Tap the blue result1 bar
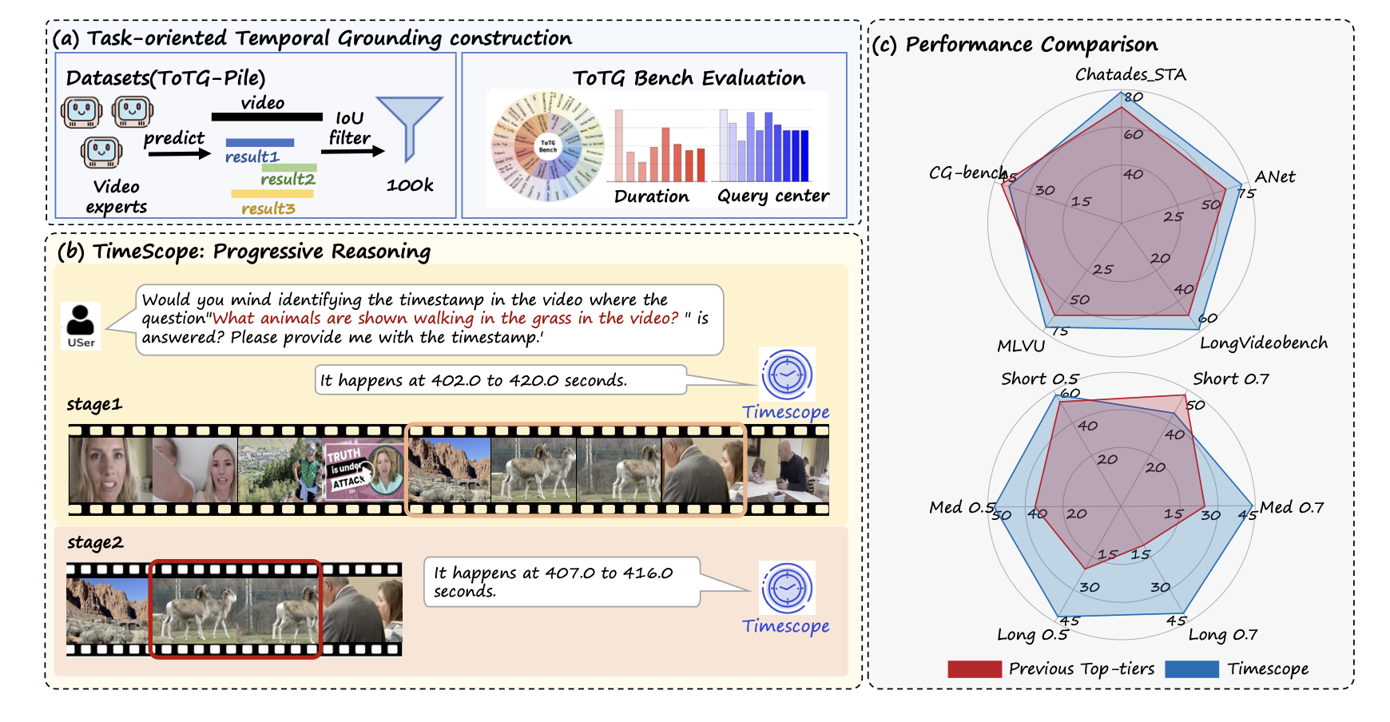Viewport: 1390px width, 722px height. (x=260, y=143)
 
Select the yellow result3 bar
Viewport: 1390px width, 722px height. (x=272, y=193)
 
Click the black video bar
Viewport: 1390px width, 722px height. (x=267, y=117)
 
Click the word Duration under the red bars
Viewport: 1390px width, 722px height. (x=651, y=196)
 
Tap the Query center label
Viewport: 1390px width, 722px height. (x=772, y=196)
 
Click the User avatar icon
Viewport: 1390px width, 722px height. (x=81, y=325)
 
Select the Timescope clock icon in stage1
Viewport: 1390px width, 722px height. (x=787, y=374)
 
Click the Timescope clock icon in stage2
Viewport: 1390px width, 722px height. (x=787, y=588)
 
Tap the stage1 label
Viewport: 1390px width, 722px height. (x=94, y=404)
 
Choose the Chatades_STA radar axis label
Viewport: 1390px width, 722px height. (x=1130, y=75)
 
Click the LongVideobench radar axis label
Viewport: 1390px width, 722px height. (x=1263, y=343)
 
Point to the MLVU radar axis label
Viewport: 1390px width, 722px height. (x=1020, y=346)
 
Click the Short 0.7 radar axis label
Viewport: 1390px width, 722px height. (x=1230, y=379)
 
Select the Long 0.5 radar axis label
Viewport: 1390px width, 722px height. (x=1032, y=635)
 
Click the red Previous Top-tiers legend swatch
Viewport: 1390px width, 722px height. (x=974, y=669)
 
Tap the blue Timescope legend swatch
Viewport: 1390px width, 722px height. (x=1191, y=669)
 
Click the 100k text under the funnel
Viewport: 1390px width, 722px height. (x=410, y=185)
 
